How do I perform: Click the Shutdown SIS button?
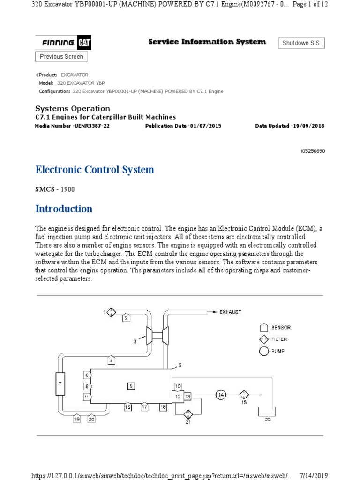click(x=301, y=43)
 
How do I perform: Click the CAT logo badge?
click(x=84, y=43)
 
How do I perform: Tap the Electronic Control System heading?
click(x=95, y=170)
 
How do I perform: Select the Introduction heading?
click(x=64, y=209)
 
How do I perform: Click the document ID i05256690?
click(x=312, y=151)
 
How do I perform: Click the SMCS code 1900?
click(x=66, y=189)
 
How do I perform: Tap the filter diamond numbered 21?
click(x=188, y=414)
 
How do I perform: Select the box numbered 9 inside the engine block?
click(x=131, y=385)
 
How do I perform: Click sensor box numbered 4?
click(x=112, y=360)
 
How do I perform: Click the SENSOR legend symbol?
click(x=264, y=328)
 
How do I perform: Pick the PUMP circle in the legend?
click(x=264, y=351)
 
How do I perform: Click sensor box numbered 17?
click(x=145, y=407)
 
